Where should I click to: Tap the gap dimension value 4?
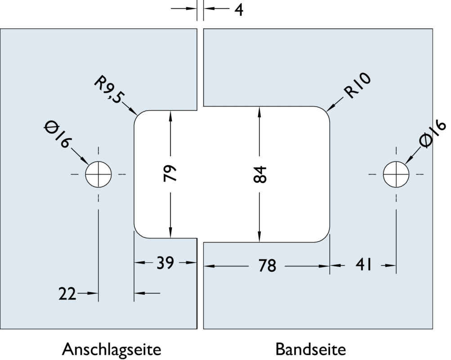click(239, 9)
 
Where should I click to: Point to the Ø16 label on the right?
click(433, 134)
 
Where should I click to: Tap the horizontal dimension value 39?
click(165, 263)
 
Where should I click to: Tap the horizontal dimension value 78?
click(267, 266)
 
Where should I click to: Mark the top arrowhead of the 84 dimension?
click(260, 110)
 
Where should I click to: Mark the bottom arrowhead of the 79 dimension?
click(170, 234)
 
